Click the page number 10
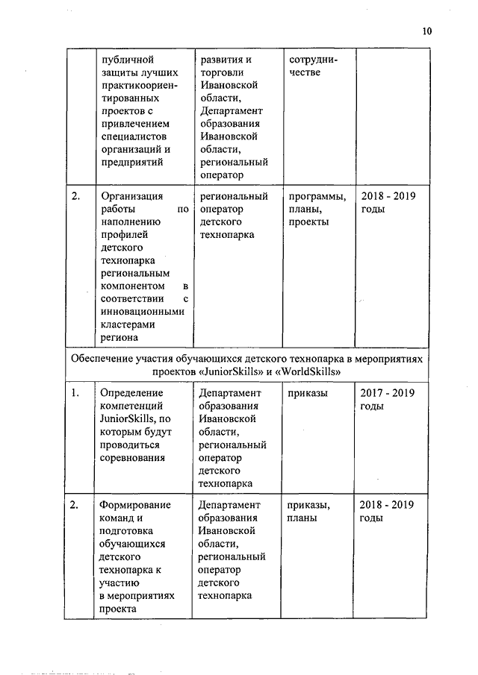[x=426, y=31]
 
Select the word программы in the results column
[x=316, y=197]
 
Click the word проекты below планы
[x=307, y=223]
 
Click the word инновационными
[x=141, y=312]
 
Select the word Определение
[x=131, y=392]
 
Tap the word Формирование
[x=134, y=505]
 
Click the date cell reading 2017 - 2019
[x=388, y=392]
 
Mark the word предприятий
[x=130, y=162]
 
